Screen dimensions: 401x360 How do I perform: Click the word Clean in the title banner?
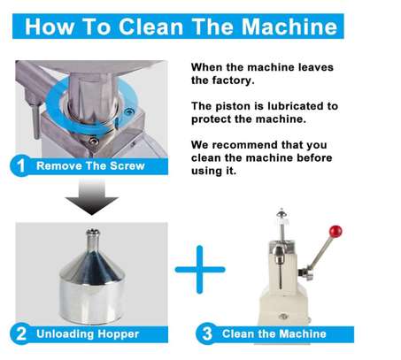tap(150, 27)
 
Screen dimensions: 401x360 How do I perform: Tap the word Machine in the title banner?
tap(289, 27)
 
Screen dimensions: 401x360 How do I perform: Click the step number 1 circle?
tap(20, 165)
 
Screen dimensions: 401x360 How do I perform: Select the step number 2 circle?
tap(20, 333)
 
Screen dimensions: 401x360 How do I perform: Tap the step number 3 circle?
tap(207, 333)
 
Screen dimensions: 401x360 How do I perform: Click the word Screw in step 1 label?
tap(127, 165)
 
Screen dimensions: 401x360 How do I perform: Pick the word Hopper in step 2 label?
tap(118, 334)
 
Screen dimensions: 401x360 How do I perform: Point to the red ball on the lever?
tap(335, 232)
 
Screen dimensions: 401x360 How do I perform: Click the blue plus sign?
tap(200, 269)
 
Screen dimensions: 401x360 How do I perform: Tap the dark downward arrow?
tap(92, 197)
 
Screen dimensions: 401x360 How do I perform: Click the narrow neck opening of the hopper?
tap(93, 232)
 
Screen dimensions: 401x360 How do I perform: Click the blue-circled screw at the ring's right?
tap(129, 111)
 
